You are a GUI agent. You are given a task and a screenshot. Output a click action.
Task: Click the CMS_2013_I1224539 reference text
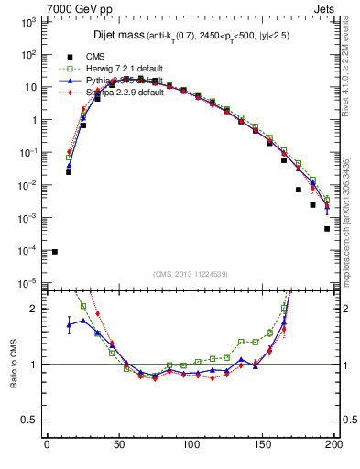pos(190,274)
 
